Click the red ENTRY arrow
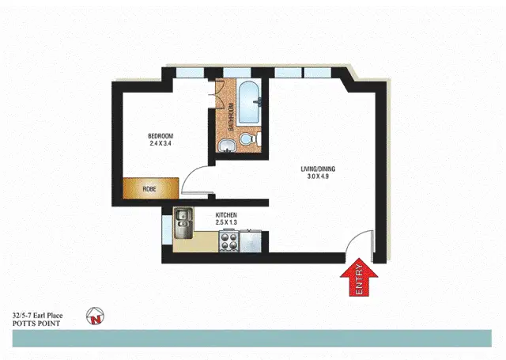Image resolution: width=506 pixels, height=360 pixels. (x=360, y=280)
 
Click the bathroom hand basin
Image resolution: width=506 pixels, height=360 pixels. (x=226, y=143)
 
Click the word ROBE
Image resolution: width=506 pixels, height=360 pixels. (x=149, y=190)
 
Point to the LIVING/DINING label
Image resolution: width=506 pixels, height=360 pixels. (x=319, y=169)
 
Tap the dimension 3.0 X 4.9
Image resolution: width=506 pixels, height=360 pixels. (x=319, y=177)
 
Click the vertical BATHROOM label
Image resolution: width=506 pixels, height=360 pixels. (x=231, y=117)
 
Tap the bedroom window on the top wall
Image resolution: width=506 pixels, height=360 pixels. (x=191, y=73)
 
